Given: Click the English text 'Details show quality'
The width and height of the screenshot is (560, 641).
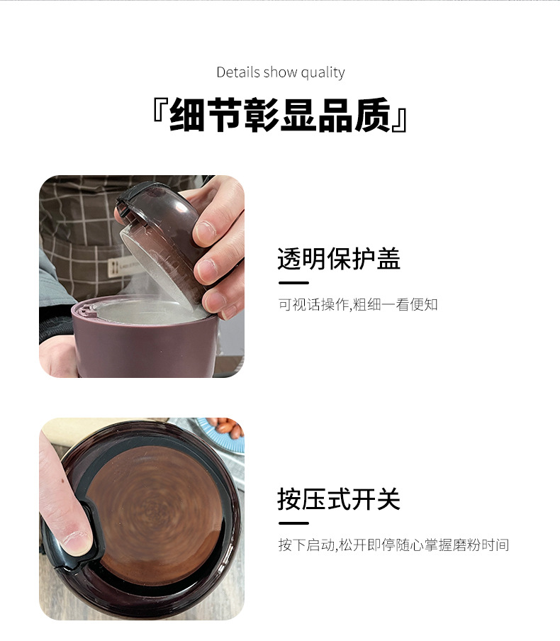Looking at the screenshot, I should click(x=280, y=72).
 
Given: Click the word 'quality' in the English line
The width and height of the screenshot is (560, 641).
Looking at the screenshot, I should click(x=323, y=72).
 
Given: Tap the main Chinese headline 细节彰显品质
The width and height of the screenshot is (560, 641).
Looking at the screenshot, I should click(x=280, y=116).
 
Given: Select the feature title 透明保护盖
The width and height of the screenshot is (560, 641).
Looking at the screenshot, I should click(x=339, y=259).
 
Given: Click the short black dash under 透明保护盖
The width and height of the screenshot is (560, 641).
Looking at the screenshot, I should click(x=293, y=283).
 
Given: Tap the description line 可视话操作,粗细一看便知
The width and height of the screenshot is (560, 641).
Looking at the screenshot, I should click(x=358, y=304).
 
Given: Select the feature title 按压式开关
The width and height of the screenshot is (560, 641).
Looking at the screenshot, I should click(x=339, y=499).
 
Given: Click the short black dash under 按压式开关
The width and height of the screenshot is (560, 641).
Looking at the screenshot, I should click(x=293, y=523).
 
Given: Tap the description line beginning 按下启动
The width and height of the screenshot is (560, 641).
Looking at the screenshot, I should click(x=393, y=545).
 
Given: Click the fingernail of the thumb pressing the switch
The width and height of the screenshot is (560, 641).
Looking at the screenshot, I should click(x=75, y=542).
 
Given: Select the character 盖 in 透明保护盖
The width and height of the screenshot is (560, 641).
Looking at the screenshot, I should click(x=388, y=259).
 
